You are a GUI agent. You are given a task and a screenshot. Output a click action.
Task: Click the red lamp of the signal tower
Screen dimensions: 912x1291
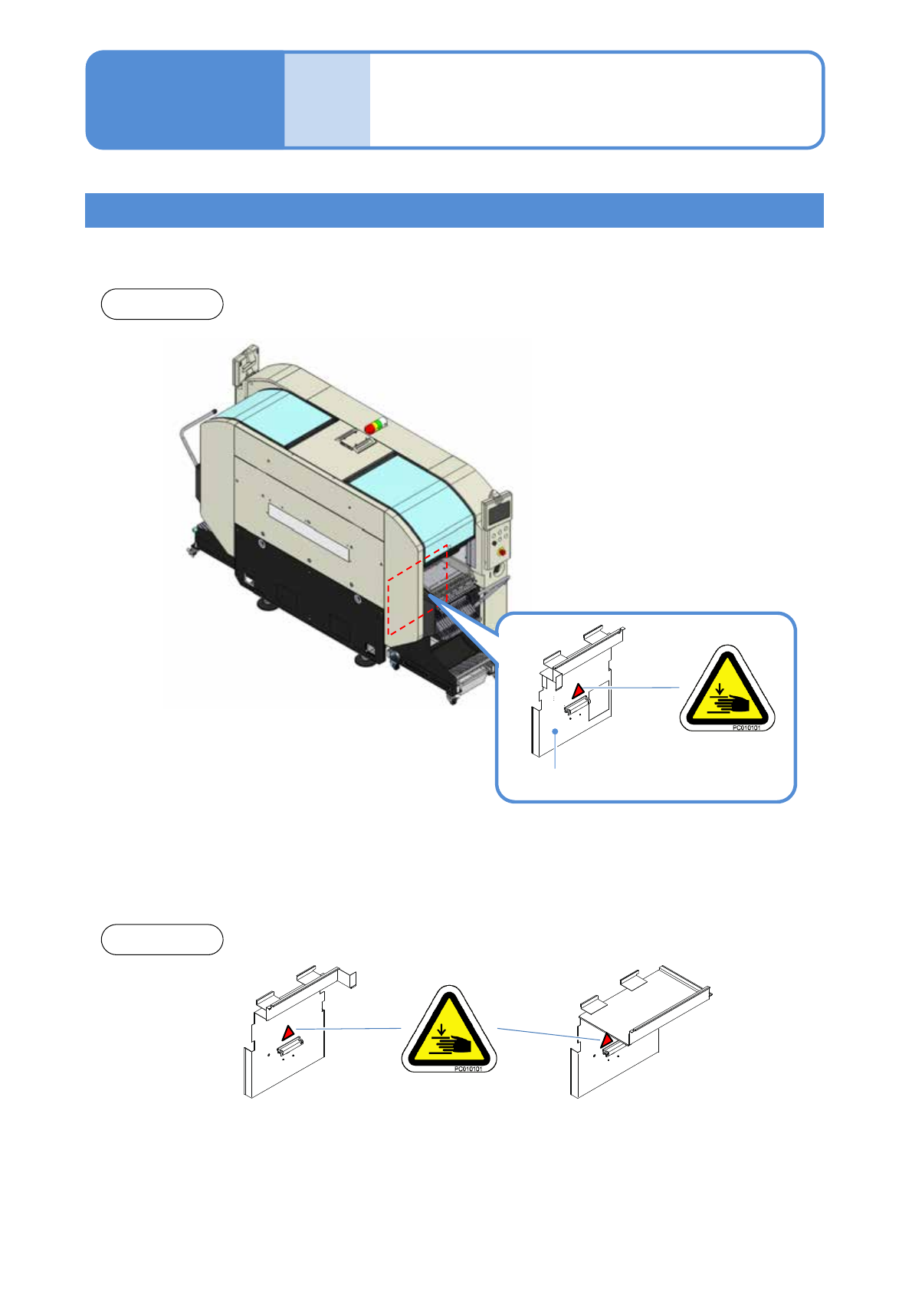(370, 429)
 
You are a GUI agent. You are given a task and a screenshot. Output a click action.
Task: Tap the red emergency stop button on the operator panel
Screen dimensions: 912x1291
(502, 551)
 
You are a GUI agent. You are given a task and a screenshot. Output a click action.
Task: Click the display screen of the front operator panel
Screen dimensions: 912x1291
(498, 512)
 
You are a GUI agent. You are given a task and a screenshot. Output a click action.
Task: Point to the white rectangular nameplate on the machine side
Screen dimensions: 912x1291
(309, 531)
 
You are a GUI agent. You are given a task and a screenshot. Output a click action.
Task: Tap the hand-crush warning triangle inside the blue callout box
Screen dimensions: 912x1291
(727, 688)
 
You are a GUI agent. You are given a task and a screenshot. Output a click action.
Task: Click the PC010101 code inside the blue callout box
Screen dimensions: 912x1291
(746, 728)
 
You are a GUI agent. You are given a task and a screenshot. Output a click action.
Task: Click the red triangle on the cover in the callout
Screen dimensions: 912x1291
(579, 690)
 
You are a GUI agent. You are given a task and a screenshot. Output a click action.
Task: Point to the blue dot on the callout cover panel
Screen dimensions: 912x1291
(555, 731)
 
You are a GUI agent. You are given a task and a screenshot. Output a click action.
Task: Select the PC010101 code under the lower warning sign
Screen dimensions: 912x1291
(467, 1069)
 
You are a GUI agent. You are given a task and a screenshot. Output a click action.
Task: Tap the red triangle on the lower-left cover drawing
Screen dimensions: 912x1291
(288, 1032)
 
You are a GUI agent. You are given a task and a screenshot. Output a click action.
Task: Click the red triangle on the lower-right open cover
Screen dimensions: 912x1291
(607, 1040)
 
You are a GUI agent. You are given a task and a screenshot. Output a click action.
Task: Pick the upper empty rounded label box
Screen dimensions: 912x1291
(162, 304)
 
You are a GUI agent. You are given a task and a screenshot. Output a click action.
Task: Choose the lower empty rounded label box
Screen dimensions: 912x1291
(162, 939)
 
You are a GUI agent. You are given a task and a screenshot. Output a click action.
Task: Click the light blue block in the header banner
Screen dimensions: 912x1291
(327, 100)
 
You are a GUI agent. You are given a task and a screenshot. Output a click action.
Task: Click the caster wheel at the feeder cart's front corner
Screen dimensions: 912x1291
(453, 699)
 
